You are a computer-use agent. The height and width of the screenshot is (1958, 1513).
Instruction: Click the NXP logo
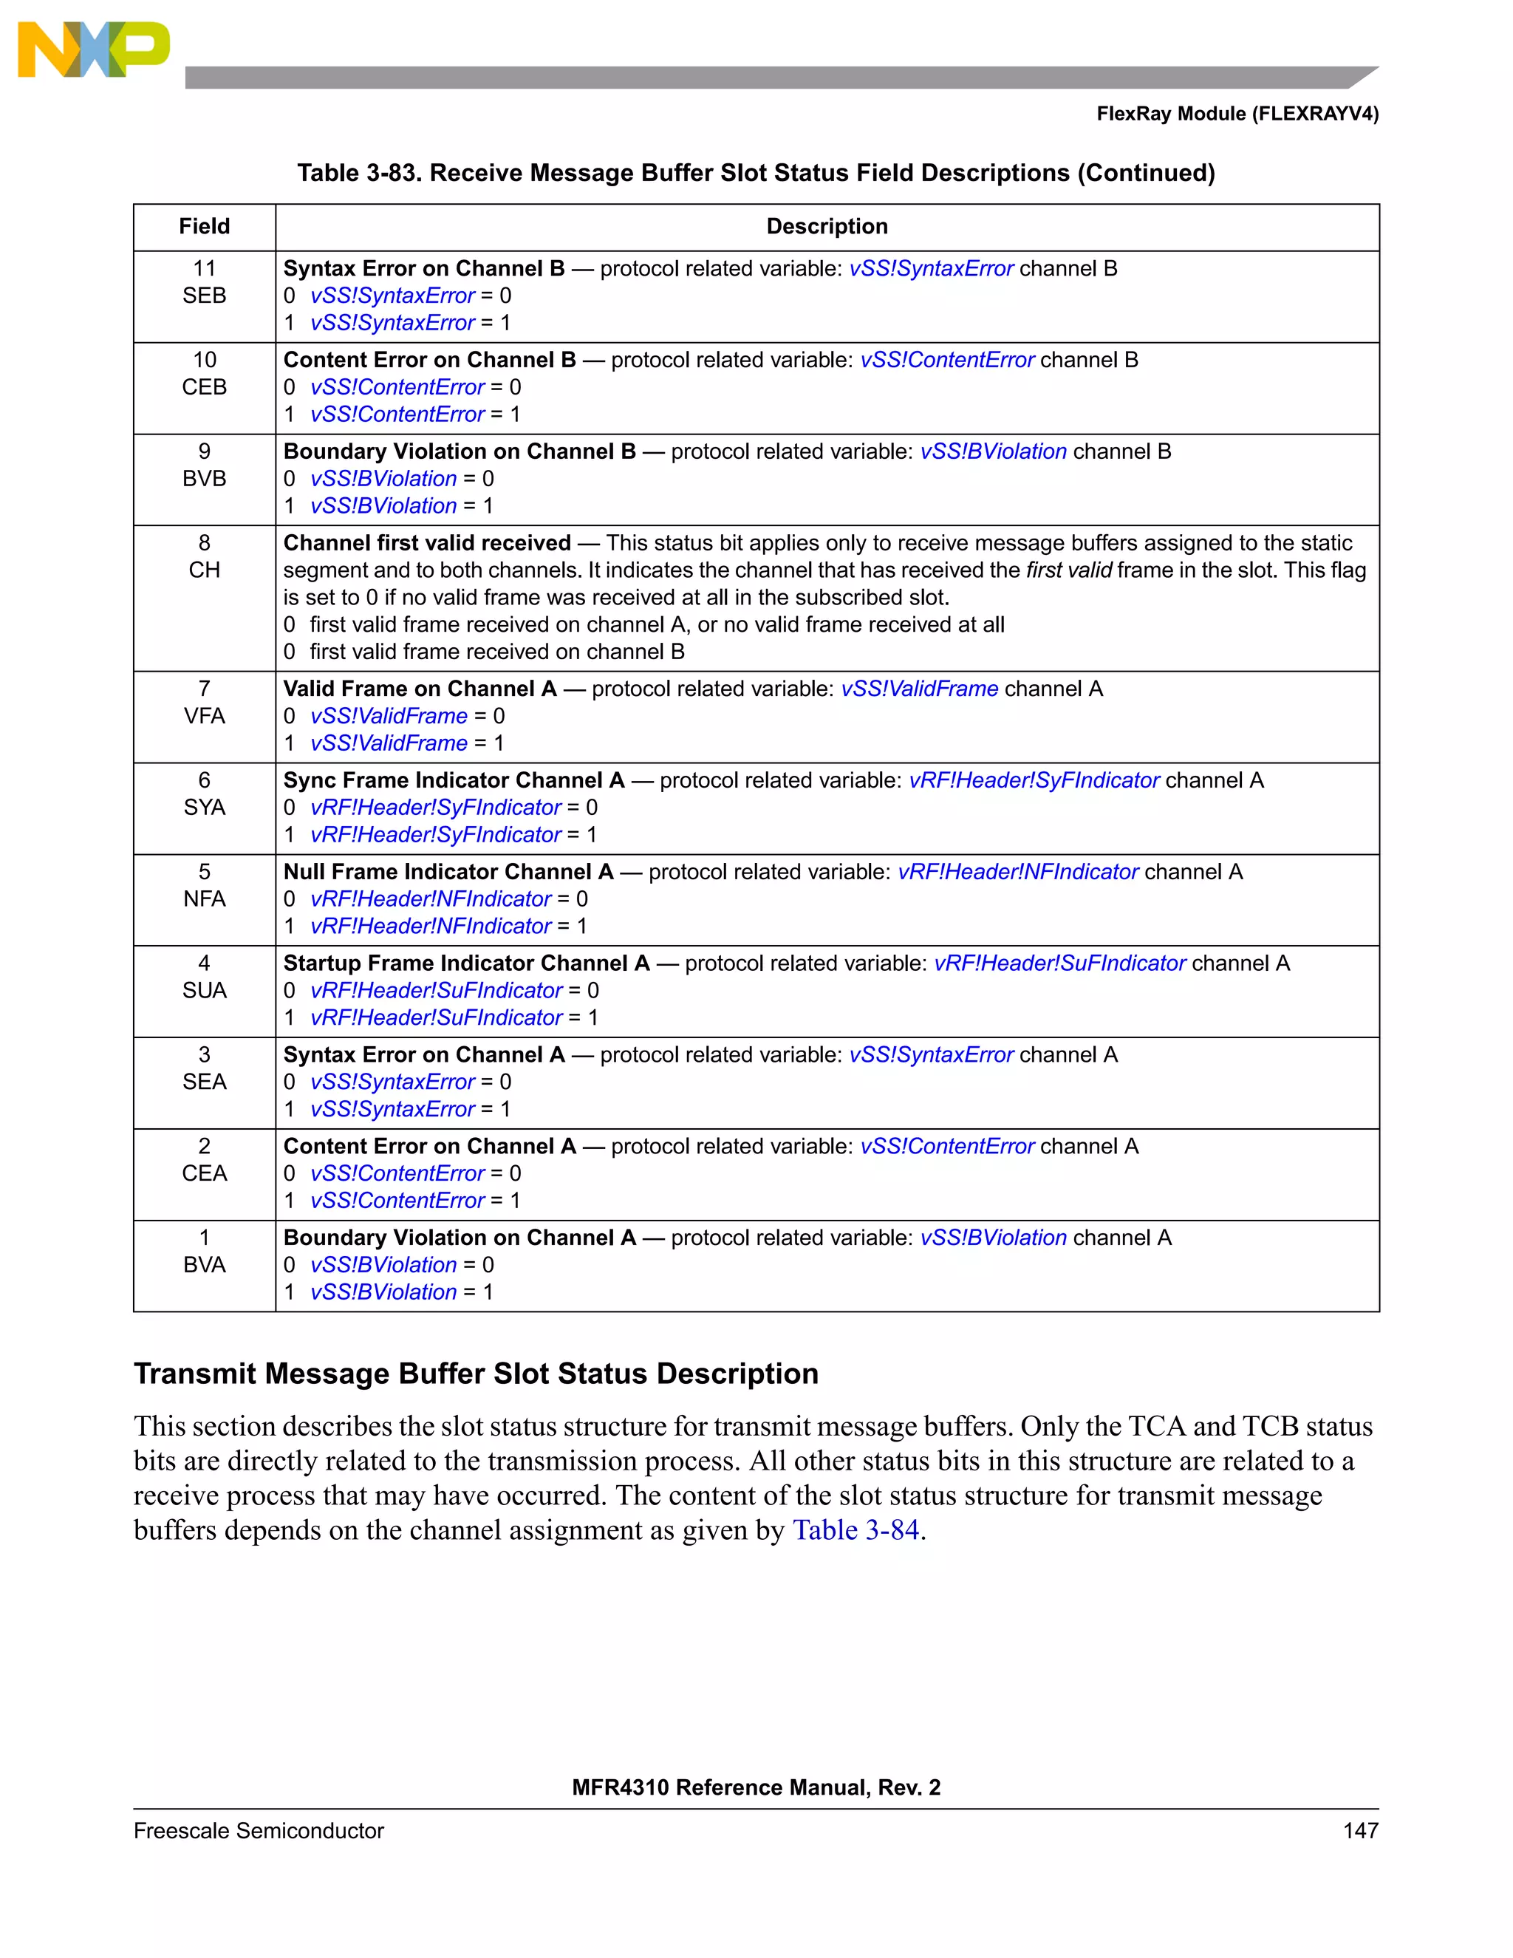93,50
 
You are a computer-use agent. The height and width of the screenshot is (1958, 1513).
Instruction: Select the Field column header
205,227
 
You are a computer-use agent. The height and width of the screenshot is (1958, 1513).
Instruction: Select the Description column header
827,227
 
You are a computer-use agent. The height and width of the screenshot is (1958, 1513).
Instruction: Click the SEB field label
205,296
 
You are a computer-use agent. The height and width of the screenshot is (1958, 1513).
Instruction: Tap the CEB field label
205,387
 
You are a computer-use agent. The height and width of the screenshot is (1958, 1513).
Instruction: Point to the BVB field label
205,479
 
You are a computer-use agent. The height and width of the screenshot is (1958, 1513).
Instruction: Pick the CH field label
205,570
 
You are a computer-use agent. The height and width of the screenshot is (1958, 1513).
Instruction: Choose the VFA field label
205,716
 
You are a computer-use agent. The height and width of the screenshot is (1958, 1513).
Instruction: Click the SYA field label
205,808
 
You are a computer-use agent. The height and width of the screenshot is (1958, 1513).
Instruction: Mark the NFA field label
205,899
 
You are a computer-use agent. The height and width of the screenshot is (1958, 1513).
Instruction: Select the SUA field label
205,991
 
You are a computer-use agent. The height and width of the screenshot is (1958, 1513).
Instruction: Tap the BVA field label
205,1265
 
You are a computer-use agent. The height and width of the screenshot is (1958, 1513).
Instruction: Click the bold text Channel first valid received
427,543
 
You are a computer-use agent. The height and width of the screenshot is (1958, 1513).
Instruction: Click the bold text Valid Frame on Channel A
420,689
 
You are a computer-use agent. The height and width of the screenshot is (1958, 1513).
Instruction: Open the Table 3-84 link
856,1530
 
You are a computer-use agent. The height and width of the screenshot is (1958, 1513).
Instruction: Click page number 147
1360,1831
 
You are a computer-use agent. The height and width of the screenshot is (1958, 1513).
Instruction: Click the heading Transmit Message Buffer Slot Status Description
476,1374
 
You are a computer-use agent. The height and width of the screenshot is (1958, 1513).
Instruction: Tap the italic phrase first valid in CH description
1068,570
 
